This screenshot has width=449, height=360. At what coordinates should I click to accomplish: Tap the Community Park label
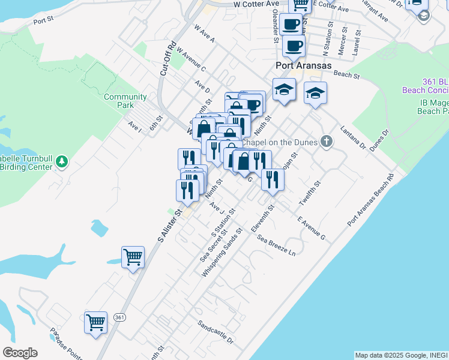125,101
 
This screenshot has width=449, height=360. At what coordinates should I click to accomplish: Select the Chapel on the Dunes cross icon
326,142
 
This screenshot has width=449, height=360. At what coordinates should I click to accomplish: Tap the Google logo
20,353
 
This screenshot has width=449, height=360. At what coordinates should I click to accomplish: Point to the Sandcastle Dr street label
215,332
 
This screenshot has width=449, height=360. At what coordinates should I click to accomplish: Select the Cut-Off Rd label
167,58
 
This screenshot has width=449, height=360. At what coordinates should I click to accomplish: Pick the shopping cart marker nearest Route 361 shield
96,323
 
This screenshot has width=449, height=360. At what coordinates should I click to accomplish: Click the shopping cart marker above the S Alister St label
133,257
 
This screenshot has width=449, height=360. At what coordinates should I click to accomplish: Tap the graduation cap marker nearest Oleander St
284,90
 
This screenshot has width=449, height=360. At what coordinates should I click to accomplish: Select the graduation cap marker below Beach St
315,93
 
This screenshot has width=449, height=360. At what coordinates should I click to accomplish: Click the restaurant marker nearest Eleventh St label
273,179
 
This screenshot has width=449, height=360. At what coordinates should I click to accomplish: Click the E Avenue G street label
310,228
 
